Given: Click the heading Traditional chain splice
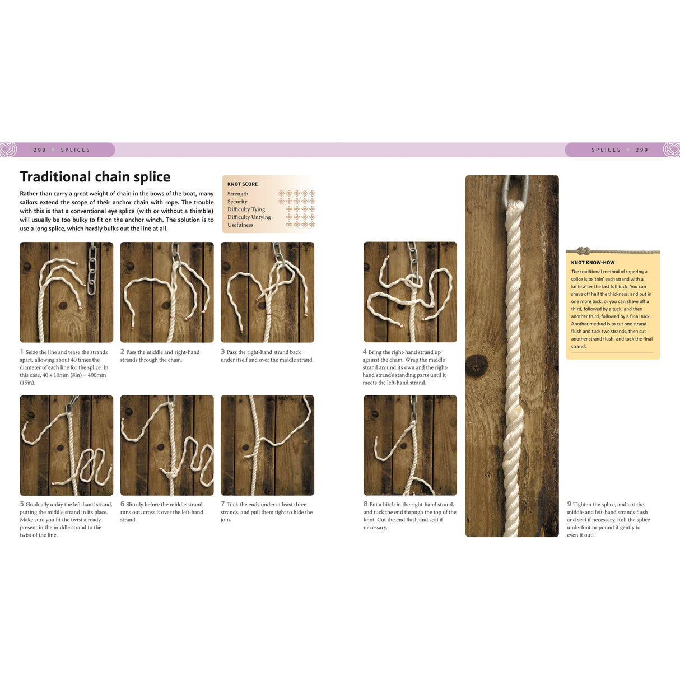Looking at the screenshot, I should pyautogui.click(x=95, y=177).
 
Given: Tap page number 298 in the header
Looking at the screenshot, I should pyautogui.click(x=39, y=150).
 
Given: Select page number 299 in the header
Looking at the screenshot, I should pyautogui.click(x=641, y=150).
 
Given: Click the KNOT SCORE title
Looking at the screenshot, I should pyautogui.click(x=243, y=184).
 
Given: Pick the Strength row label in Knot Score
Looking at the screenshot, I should pyautogui.click(x=237, y=194).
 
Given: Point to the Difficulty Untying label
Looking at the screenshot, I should pyautogui.click(x=249, y=217).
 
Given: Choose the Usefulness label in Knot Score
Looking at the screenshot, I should pyautogui.click(x=240, y=225).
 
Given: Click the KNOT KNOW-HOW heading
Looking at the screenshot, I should pyautogui.click(x=593, y=263).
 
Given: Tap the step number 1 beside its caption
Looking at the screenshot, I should pyautogui.click(x=22, y=352).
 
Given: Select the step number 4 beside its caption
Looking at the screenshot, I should pyautogui.click(x=365, y=352).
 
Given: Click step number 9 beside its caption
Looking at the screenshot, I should pyautogui.click(x=569, y=504).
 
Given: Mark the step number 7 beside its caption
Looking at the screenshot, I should pyautogui.click(x=222, y=504).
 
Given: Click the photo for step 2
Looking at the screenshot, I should pyautogui.click(x=167, y=292).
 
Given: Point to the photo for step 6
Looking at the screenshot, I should pyautogui.click(x=167, y=445).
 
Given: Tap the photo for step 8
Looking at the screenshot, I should pyautogui.click(x=410, y=445).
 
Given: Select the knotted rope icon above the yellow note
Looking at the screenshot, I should pyautogui.click(x=584, y=251).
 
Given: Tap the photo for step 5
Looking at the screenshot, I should pyautogui.click(x=66, y=445).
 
